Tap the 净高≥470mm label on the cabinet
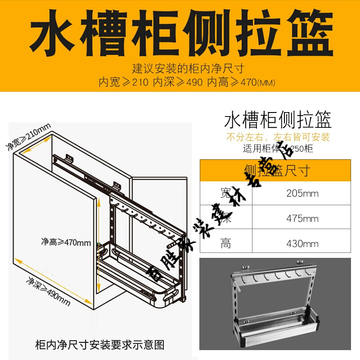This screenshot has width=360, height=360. pyautogui.click(x=66, y=242)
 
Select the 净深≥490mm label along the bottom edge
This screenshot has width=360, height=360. pyautogui.click(x=49, y=290)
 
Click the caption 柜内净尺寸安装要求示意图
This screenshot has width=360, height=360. pyautogui.click(x=99, y=345)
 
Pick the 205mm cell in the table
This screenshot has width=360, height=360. pyautogui.click(x=302, y=194)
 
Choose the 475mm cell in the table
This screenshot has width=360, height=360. pyautogui.click(x=302, y=219)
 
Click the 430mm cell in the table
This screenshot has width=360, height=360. pyautogui.click(x=302, y=244)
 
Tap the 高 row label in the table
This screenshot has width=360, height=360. pyautogui.click(x=225, y=244)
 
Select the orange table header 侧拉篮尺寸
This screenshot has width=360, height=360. pyautogui.click(x=276, y=170)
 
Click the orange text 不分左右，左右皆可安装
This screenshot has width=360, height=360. pyautogui.click(x=278, y=137)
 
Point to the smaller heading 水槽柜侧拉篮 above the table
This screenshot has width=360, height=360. pyautogui.click(x=278, y=121)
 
